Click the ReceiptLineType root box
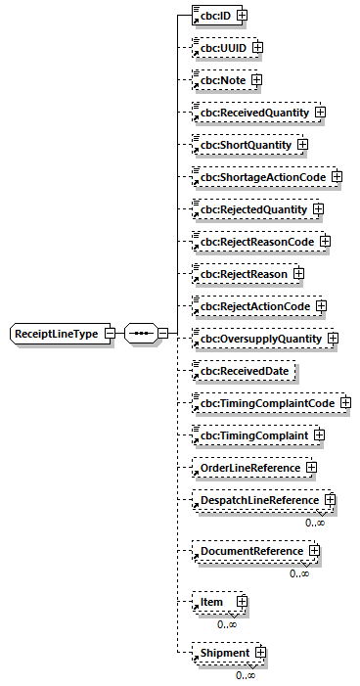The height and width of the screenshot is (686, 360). pyautogui.click(x=55, y=334)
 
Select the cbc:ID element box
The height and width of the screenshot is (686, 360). pyautogui.click(x=214, y=16)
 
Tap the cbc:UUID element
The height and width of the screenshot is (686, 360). pyautogui.click(x=222, y=47)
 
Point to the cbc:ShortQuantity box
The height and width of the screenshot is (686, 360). pyautogui.click(x=244, y=145)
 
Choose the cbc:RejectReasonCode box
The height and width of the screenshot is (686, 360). pyautogui.click(x=255, y=242)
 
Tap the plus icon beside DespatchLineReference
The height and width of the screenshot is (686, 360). pyautogui.click(x=330, y=500)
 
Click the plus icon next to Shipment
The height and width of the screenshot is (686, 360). pyautogui.click(x=260, y=653)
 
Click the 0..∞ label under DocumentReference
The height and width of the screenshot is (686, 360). pyautogui.click(x=299, y=573)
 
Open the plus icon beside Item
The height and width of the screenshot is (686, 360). pyautogui.click(x=241, y=602)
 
